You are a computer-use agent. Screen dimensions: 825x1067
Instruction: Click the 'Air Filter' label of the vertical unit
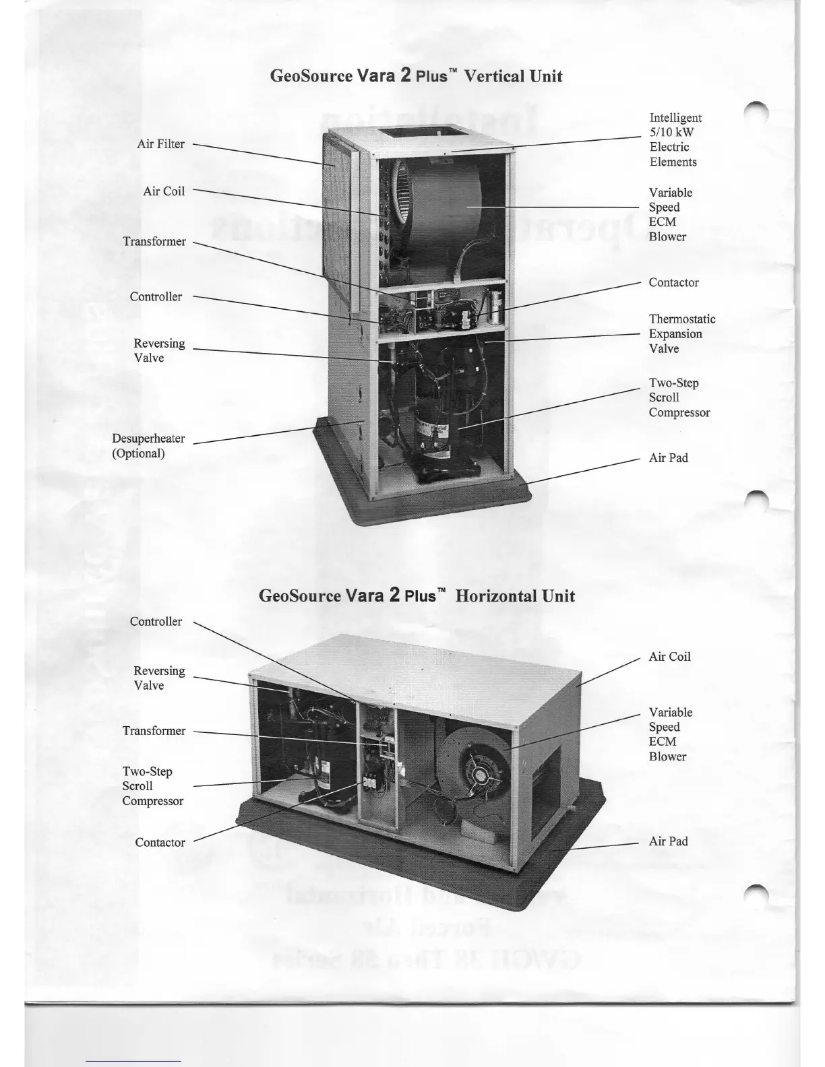160,144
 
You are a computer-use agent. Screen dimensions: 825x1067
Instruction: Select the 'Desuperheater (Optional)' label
148,446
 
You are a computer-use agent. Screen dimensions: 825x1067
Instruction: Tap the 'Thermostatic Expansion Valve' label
681,334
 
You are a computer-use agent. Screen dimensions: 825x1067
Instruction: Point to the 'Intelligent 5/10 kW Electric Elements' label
675,140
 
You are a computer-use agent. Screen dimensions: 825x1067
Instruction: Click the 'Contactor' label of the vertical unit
673,283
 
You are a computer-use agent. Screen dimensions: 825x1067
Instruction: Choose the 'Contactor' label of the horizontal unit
160,843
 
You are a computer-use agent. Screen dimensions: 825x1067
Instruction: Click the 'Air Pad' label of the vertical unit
668,458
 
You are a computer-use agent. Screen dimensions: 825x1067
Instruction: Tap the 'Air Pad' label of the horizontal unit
668,841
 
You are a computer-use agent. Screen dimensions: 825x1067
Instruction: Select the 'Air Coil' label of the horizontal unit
669,657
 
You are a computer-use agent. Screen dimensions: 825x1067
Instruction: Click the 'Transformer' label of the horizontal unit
154,731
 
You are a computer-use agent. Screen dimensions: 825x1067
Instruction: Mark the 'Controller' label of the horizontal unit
156,622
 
